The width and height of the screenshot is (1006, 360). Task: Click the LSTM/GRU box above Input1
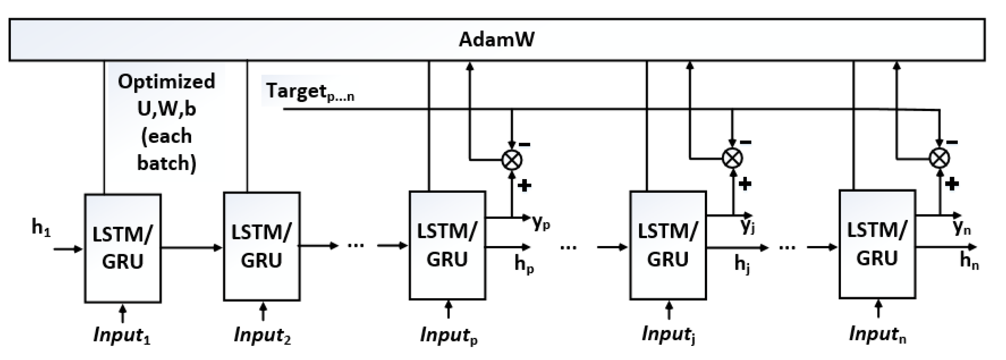pyautogui.click(x=123, y=248)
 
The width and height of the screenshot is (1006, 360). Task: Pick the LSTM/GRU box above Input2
pyautogui.click(x=262, y=246)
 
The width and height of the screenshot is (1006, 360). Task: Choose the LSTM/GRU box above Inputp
pyautogui.click(x=447, y=245)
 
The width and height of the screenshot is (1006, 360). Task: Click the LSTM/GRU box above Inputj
pyautogui.click(x=668, y=245)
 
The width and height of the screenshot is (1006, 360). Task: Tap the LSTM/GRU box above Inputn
pyautogui.click(x=877, y=244)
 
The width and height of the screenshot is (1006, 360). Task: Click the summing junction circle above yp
pyautogui.click(x=512, y=160)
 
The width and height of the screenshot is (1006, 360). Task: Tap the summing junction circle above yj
pyautogui.click(x=732, y=158)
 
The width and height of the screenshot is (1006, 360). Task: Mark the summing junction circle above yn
pyautogui.click(x=939, y=158)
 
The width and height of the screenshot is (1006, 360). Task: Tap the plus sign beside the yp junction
pyautogui.click(x=524, y=186)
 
